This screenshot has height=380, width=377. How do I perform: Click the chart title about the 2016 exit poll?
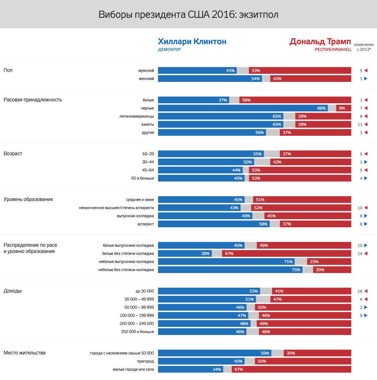click(x=188, y=15)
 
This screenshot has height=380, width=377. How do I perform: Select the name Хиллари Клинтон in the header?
click(x=192, y=41)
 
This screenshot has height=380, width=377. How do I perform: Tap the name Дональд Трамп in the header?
click(x=320, y=41)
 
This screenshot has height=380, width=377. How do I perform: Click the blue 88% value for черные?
click(x=321, y=108)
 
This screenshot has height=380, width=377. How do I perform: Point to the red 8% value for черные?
click(x=342, y=108)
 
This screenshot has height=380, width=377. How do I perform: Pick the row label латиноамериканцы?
click(x=137, y=116)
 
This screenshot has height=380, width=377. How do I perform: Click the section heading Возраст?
click(x=13, y=153)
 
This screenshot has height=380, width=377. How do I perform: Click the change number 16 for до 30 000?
click(x=360, y=291)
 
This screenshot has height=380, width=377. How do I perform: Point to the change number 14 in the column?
click(x=360, y=253)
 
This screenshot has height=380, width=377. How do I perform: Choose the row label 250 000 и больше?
click(x=137, y=332)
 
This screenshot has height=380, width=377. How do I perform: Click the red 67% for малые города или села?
click(x=238, y=369)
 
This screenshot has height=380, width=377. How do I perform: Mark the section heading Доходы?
click(x=13, y=291)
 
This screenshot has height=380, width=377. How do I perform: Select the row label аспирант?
click(x=145, y=224)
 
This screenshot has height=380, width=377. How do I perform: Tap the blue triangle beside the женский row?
click(x=366, y=79)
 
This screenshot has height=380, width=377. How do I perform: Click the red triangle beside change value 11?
click(x=366, y=124)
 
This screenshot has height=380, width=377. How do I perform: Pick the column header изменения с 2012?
click(x=363, y=46)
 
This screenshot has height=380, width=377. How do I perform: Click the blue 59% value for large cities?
click(x=265, y=353)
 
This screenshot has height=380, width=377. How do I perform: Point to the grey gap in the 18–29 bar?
click(x=272, y=154)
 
